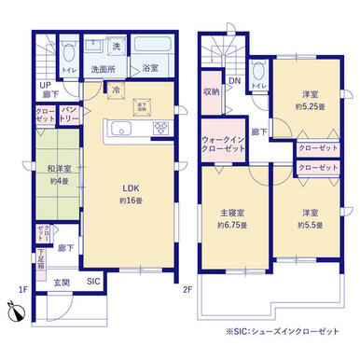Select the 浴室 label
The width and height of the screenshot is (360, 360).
(149, 68)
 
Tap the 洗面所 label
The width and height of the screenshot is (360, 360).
(102, 68)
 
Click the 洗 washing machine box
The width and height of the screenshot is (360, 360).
(117, 47)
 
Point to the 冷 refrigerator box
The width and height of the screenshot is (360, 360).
(116, 90)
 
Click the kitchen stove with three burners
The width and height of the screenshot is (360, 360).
(159, 128)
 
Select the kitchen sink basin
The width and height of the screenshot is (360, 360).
(119, 130)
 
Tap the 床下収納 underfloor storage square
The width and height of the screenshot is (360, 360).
(142, 104)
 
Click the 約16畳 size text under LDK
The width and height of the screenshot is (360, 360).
(129, 201)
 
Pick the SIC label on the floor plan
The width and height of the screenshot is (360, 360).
(94, 279)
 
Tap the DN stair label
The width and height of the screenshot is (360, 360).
(235, 81)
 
